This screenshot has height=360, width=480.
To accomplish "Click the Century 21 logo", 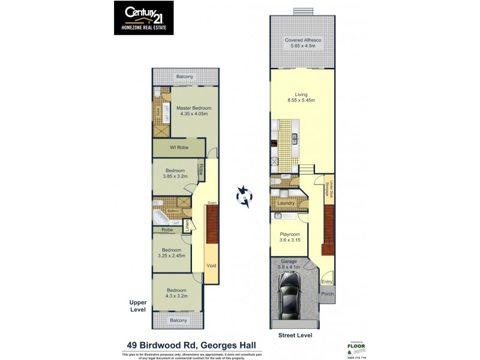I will click(143, 17).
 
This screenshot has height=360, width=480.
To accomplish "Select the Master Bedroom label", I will click(192, 111).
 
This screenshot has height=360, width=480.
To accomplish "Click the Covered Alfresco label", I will click(303, 43).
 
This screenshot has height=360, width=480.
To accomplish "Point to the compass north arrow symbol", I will click(244, 196).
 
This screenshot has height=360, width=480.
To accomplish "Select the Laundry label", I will click(286, 203).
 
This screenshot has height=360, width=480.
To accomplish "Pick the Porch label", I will click(327, 294).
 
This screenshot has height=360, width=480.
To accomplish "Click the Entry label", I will click(327, 281).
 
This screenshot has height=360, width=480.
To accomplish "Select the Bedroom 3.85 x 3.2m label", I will click(175, 174).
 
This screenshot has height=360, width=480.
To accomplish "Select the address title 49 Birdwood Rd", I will click(191, 345).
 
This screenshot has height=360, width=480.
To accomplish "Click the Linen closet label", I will click(187, 226).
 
